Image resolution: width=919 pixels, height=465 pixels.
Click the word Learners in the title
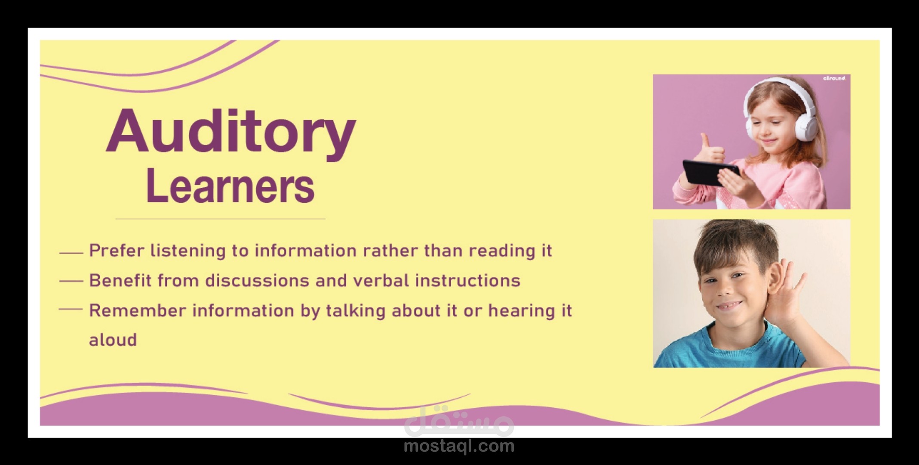(231, 186)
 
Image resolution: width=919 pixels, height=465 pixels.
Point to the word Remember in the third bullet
(138, 310)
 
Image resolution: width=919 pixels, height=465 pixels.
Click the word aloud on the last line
(113, 340)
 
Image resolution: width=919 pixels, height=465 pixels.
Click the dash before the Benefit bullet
(71, 281)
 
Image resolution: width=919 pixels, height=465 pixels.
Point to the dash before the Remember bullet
(71, 309)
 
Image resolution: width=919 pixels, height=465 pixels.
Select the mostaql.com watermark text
(459, 446)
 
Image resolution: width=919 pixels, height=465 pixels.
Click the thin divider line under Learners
(220, 219)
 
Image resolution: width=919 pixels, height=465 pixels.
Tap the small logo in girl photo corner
(834, 78)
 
